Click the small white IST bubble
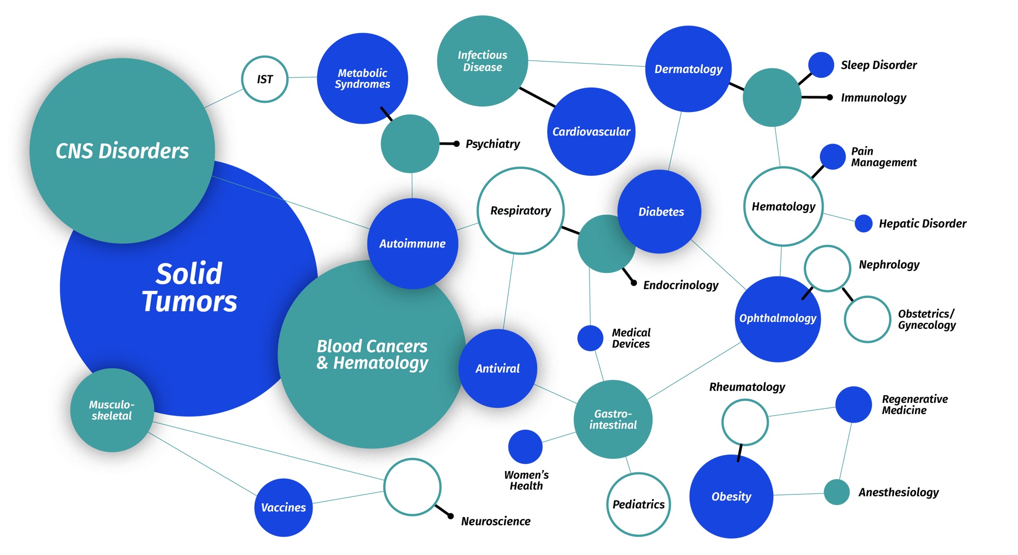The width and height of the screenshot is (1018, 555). (x=265, y=79)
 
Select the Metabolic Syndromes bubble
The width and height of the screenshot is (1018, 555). (x=362, y=78)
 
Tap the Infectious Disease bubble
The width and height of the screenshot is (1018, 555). (x=482, y=61)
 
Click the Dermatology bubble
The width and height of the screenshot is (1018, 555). (x=688, y=69)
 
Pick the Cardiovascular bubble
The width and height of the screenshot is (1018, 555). (x=591, y=132)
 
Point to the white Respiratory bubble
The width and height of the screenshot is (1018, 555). (x=521, y=211)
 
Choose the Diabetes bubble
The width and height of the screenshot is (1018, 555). (x=660, y=212)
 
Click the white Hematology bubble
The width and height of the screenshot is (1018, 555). (x=783, y=207)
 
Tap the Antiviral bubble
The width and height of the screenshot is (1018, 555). (x=498, y=369)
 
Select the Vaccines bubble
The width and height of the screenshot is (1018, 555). (x=284, y=508)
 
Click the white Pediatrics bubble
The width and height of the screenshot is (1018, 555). (x=638, y=505)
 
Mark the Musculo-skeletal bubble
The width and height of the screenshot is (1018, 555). (x=112, y=410)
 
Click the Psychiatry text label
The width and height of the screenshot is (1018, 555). (x=493, y=144)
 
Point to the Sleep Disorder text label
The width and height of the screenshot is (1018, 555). (x=879, y=65)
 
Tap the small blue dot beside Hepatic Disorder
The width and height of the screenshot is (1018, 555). (x=863, y=223)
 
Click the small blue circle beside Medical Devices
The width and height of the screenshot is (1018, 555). (x=590, y=338)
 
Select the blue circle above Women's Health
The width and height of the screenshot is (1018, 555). (x=525, y=447)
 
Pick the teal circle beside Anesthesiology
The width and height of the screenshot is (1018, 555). (x=837, y=492)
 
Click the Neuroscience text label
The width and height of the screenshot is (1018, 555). (x=496, y=521)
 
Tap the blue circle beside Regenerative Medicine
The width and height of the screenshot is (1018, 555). (x=854, y=404)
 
